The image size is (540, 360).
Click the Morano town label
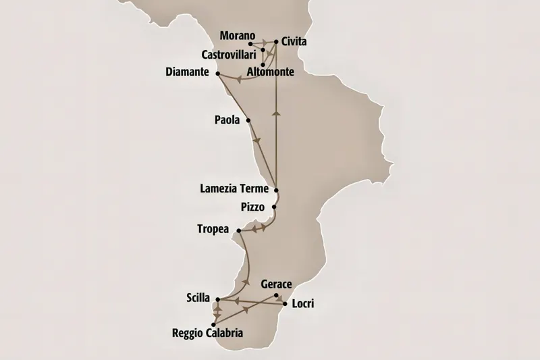click(238, 35)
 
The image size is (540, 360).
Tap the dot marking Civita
click(276, 41)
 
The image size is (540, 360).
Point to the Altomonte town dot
click(263, 66)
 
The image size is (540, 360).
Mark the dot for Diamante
click(217, 73)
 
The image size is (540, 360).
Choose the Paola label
click(227, 120)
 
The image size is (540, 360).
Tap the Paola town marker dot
click(249, 120)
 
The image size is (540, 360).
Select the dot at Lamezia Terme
click(275, 190)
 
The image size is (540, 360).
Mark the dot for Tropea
click(239, 231)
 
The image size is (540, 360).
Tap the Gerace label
click(275, 285)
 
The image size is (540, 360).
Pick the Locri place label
click(303, 304)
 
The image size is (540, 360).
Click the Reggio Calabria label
click(207, 334)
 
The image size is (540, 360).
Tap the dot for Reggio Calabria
click(214, 324)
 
